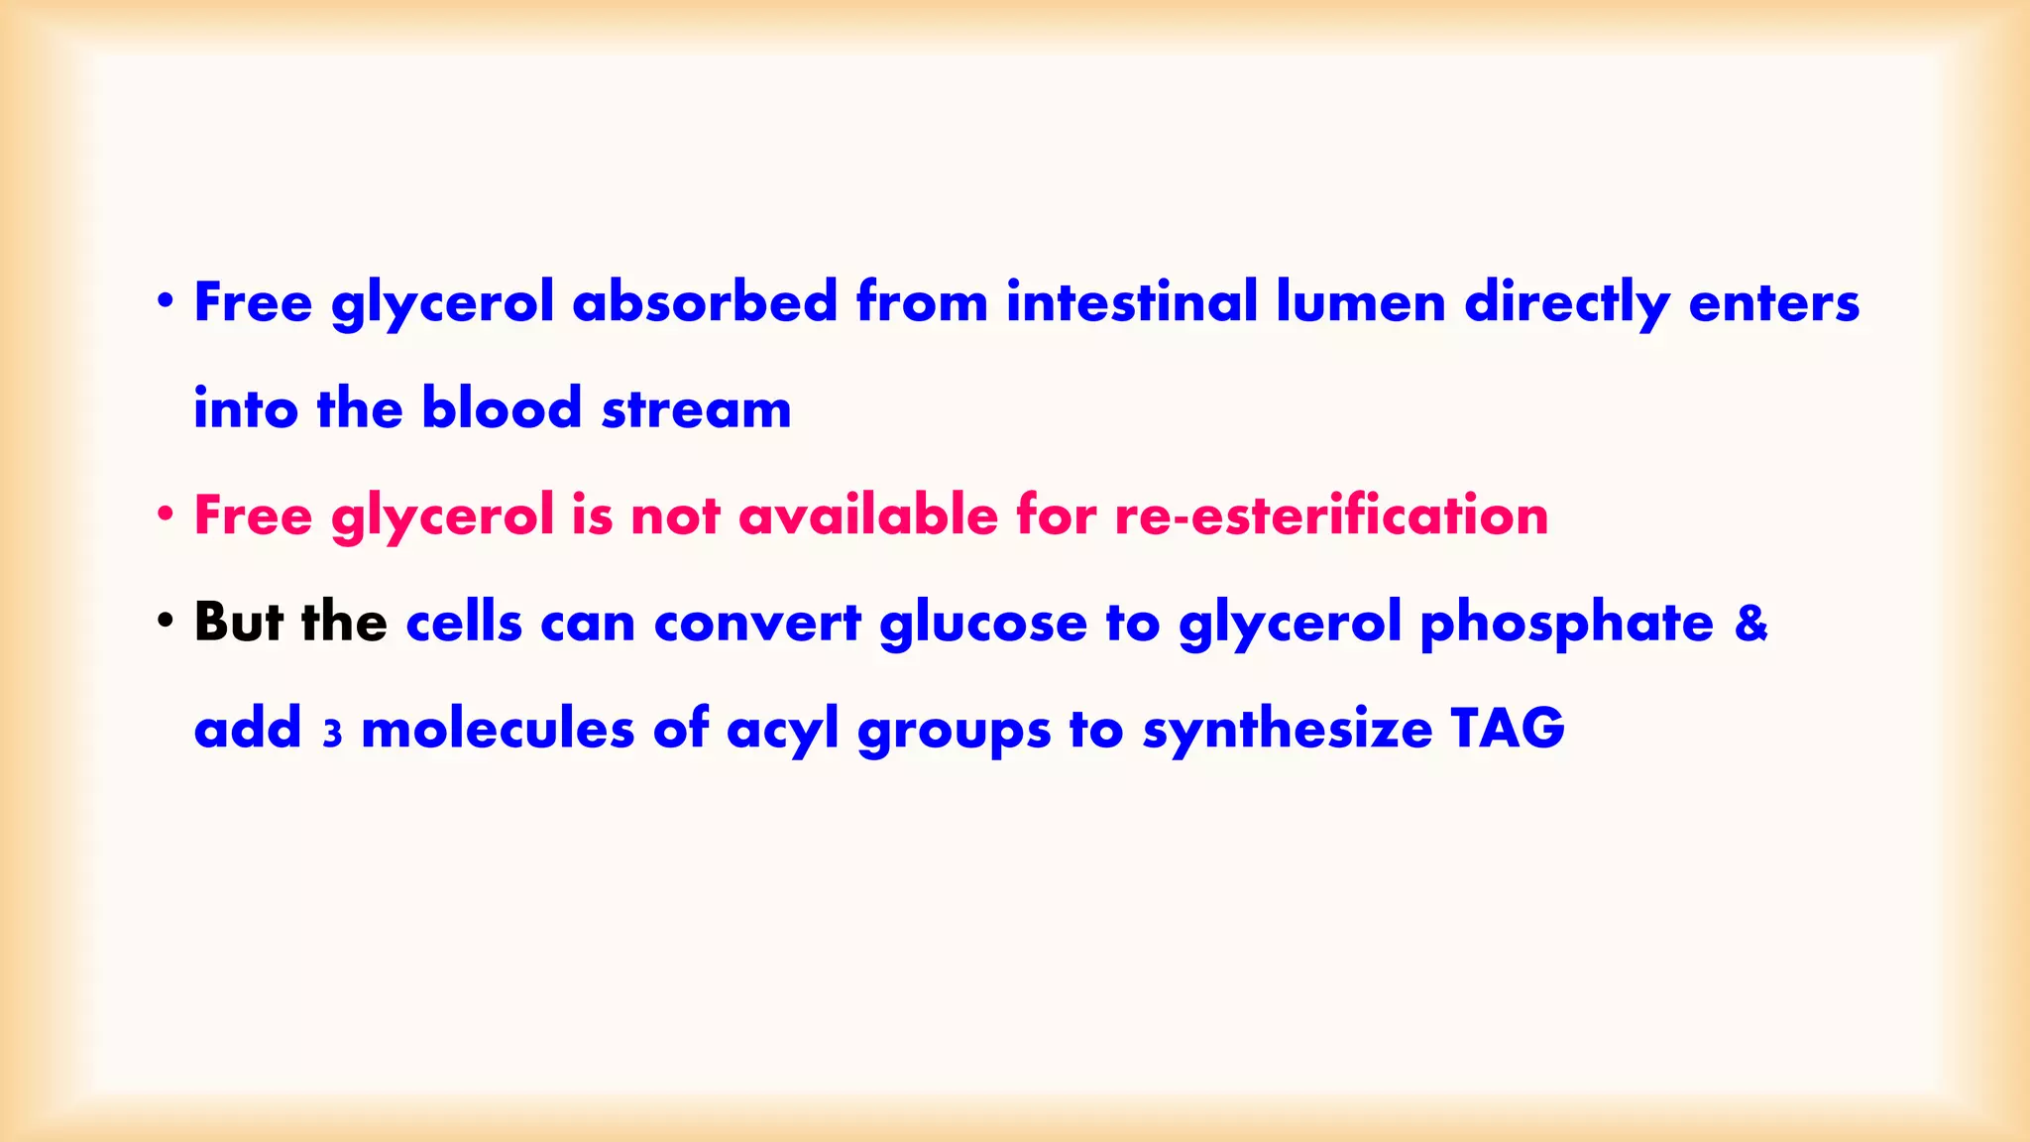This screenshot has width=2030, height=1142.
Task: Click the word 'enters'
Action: pyautogui.click(x=1773, y=303)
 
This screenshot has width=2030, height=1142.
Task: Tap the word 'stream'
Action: pyautogui.click(x=696, y=409)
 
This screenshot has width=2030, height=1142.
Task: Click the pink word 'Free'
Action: pyautogui.click(x=253, y=515)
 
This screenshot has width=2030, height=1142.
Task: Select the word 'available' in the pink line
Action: pyautogui.click(x=867, y=515)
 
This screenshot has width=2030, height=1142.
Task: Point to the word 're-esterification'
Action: pyautogui.click(x=1330, y=515)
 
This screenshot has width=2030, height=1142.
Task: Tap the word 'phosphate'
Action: pyautogui.click(x=1566, y=625)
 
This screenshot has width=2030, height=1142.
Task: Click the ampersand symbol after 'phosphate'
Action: pyautogui.click(x=1751, y=623)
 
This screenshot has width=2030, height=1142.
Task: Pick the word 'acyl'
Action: pyautogui.click(x=782, y=731)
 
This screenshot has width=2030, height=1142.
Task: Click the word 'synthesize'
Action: pyautogui.click(x=1288, y=731)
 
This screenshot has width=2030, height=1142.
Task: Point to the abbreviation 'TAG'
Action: pyautogui.click(x=1508, y=729)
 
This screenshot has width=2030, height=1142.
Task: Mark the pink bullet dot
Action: pyautogui.click(x=166, y=514)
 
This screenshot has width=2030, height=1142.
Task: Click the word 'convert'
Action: pyautogui.click(x=757, y=624)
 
